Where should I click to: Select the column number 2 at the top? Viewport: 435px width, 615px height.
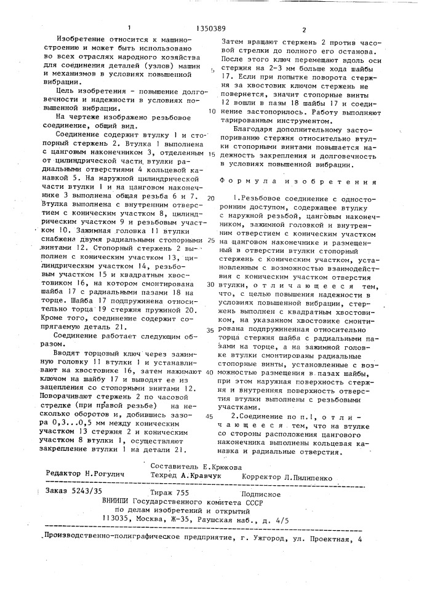pyautogui.click(x=304, y=29)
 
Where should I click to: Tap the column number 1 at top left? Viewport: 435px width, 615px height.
pyautogui.click(x=129, y=28)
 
